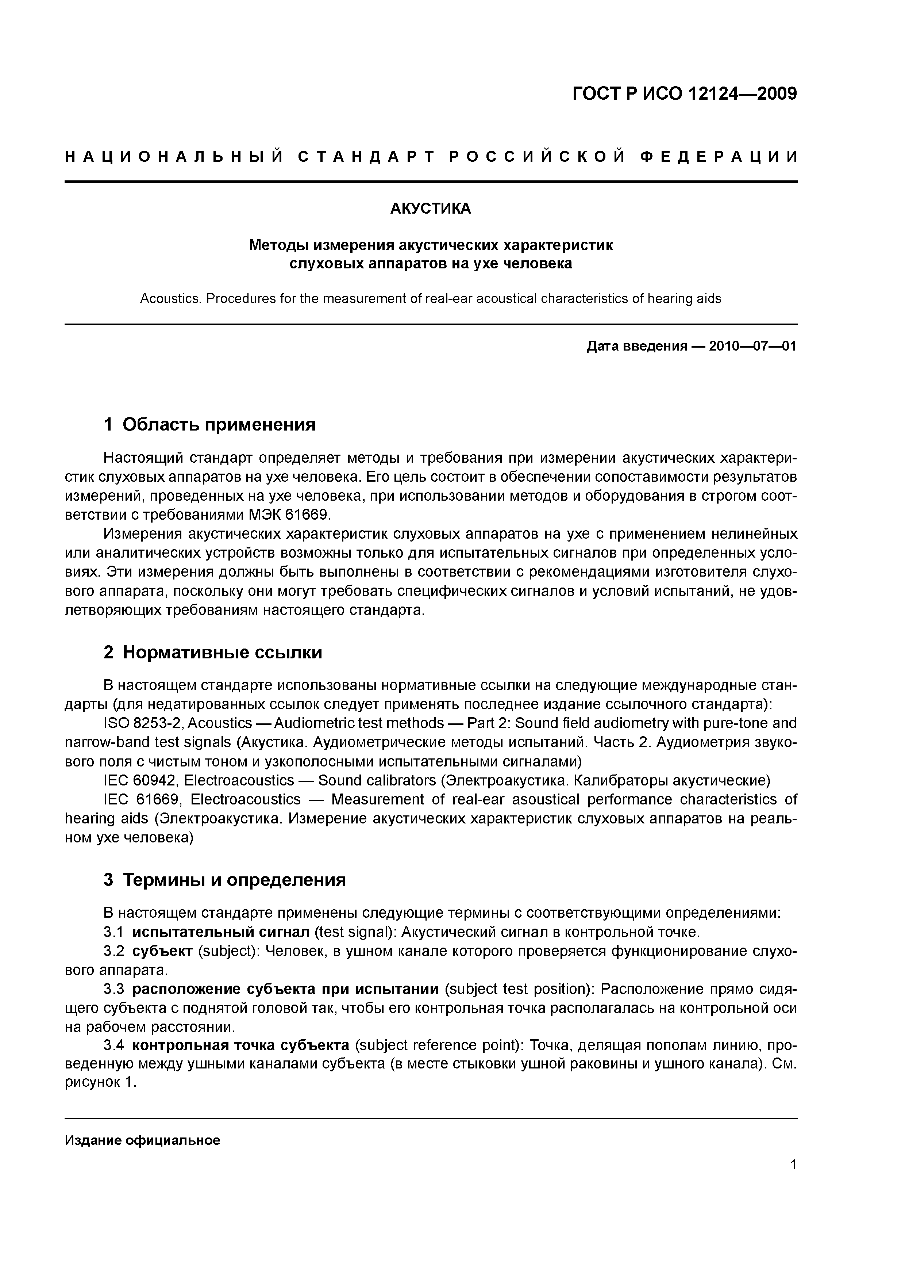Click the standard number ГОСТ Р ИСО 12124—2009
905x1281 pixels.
click(685, 94)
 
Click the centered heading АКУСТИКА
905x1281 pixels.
click(431, 209)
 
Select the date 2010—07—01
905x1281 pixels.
click(752, 347)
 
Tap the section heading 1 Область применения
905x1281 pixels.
click(210, 425)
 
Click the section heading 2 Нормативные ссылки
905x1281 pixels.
click(213, 652)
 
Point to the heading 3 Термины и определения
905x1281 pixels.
click(225, 880)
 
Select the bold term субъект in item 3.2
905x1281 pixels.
click(162, 951)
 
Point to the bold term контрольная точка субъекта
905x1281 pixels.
click(240, 1046)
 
